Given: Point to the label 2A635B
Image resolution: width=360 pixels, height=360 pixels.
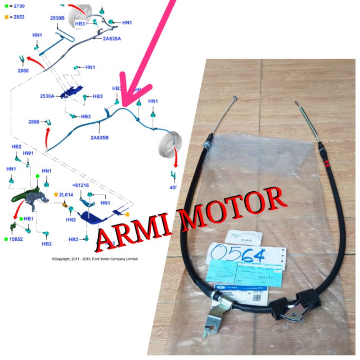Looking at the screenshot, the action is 99,138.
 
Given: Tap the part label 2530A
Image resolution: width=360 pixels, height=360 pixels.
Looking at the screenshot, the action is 47,96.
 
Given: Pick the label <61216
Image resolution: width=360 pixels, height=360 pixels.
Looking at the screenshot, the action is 81,184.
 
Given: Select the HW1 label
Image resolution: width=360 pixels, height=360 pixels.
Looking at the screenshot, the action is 28,153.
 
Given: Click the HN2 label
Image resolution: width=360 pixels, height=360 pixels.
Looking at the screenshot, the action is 70,220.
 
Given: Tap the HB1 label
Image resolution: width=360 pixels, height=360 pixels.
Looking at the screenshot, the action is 29,219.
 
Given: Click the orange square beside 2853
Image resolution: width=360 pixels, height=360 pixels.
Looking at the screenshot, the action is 6,17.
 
